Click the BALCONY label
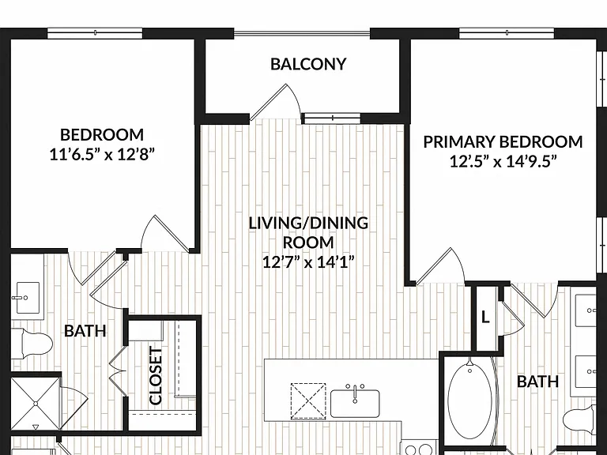pyautogui.click(x=308, y=64)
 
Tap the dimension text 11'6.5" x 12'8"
pyautogui.click(x=102, y=155)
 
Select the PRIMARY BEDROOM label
pyautogui.click(x=503, y=142)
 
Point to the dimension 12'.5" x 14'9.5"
pyautogui.click(x=503, y=161)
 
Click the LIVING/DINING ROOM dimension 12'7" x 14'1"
pyautogui.click(x=308, y=262)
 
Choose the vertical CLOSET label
pyautogui.click(x=156, y=376)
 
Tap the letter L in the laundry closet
pyautogui.click(x=485, y=318)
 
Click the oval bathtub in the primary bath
pyautogui.click(x=470, y=398)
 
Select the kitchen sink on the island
pyautogui.click(x=355, y=402)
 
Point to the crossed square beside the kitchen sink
pyautogui.click(x=308, y=401)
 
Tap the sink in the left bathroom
pyautogui.click(x=27, y=298)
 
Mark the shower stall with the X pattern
pyautogui.click(x=36, y=404)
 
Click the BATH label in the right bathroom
pyautogui.click(x=537, y=382)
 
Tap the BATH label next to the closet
pyautogui.click(x=85, y=331)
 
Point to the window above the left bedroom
pyautogui.click(x=95, y=33)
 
